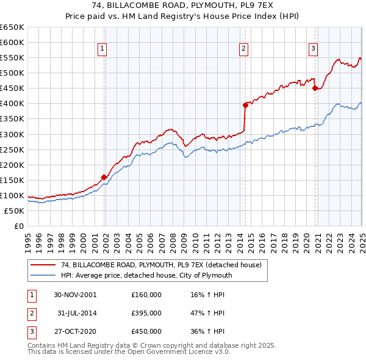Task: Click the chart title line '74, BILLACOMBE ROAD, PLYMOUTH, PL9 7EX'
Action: [x=182, y=6]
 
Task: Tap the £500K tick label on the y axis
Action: [x=12, y=73]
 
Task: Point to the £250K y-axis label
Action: [x=12, y=149]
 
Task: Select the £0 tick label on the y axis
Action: [x=18, y=226]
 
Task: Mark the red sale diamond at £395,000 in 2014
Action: [x=245, y=105]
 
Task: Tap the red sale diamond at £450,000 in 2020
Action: [x=315, y=88]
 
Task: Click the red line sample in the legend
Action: [x=43, y=265]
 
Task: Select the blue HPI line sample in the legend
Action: [x=43, y=275]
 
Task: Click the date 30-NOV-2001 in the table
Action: [x=75, y=295]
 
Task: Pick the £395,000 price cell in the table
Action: [x=146, y=313]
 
